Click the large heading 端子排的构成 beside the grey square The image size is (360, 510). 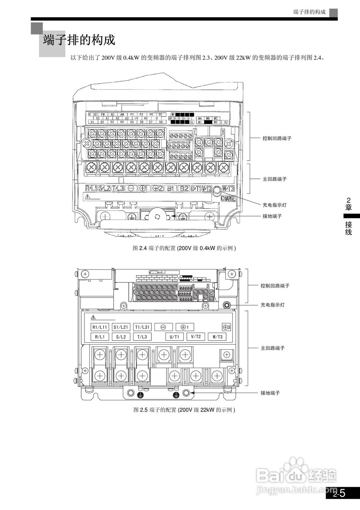point(79,40)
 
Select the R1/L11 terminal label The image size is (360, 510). point(100,327)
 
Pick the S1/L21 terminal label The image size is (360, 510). point(121,327)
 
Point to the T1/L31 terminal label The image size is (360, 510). point(142,327)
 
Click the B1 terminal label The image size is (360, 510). point(171,188)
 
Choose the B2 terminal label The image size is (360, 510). point(184,188)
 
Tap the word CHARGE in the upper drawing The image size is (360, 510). point(228,198)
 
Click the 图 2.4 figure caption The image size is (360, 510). point(184,248)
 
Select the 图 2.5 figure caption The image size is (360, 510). point(184,410)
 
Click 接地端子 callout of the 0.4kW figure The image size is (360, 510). point(272,216)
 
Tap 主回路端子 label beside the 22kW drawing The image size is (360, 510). point(273,348)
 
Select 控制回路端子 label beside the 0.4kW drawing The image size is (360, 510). point(277,138)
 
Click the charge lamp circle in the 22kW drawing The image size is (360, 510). point(227,305)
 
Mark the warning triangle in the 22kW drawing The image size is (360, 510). point(93,318)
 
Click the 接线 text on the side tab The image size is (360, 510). point(348,228)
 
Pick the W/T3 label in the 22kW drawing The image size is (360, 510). point(217,337)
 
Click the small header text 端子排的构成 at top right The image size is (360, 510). point(309,12)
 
